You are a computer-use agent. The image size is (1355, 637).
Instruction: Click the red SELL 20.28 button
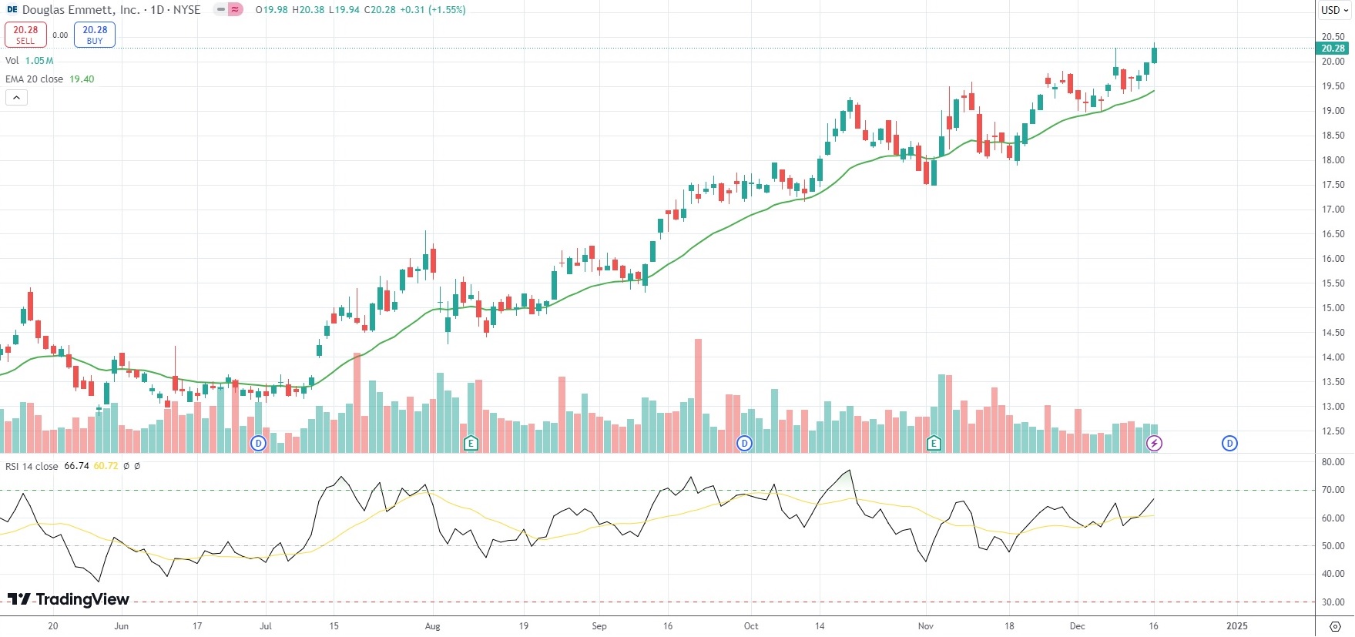click(x=25, y=35)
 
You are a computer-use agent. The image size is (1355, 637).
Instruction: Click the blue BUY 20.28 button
click(x=95, y=35)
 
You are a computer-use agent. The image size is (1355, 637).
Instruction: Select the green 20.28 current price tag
click(x=1333, y=49)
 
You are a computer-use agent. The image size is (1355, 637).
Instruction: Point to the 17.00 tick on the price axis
click(x=1333, y=210)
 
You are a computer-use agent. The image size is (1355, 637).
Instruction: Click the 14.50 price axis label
click(x=1333, y=333)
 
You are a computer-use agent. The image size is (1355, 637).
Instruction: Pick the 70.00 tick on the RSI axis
click(x=1333, y=490)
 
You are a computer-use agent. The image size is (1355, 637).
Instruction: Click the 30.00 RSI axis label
click(x=1333, y=602)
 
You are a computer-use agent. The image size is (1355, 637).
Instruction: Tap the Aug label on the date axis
click(x=432, y=626)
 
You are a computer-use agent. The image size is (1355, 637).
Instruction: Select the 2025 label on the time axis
click(x=1236, y=626)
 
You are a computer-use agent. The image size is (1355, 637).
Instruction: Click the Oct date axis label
click(x=751, y=626)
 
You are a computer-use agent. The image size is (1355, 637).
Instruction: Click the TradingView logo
click(x=69, y=599)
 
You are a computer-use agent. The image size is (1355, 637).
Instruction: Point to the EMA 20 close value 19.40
click(x=82, y=79)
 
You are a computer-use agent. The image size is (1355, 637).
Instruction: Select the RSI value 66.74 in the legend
click(x=76, y=467)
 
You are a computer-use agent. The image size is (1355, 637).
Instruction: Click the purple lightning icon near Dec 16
click(x=1154, y=443)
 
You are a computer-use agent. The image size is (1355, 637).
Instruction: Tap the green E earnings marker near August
click(x=471, y=443)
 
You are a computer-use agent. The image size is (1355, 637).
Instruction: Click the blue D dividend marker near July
click(x=258, y=443)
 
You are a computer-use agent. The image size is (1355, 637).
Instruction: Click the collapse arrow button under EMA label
click(x=16, y=97)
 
